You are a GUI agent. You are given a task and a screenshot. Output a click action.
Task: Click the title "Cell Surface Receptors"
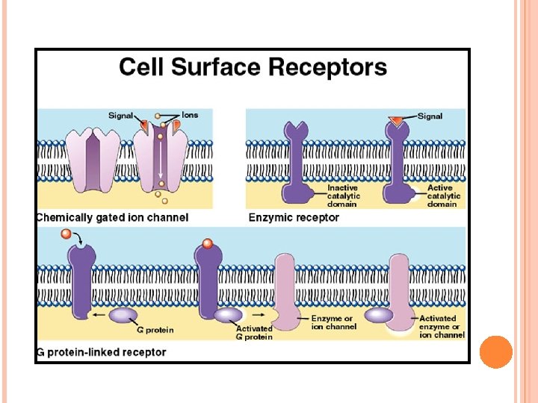tap(253, 67)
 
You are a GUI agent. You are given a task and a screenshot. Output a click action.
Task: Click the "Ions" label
tap(190, 116)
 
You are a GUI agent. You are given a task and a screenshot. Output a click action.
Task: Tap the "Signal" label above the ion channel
tap(120, 116)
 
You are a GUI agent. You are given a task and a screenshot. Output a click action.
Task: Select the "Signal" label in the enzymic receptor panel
tap(430, 116)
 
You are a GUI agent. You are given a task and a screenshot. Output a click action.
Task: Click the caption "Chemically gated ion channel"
tap(112, 218)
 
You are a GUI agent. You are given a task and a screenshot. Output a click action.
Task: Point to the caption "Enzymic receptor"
tap(294, 218)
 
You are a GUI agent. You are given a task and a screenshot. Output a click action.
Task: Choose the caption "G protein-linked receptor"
tap(102, 352)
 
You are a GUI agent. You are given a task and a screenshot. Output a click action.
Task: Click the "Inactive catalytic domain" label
tap(342, 196)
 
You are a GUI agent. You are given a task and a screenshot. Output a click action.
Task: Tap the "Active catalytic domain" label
tap(444, 196)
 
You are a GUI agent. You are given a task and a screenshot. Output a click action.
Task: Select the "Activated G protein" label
tap(254, 332)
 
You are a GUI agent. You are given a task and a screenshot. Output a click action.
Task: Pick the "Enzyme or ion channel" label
tap(334, 322)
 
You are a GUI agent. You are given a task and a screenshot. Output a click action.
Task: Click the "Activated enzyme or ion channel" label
tap(442, 327)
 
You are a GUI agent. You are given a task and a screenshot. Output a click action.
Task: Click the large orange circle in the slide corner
tap(495, 352)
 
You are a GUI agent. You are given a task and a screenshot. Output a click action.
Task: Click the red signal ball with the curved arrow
tap(67, 236)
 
